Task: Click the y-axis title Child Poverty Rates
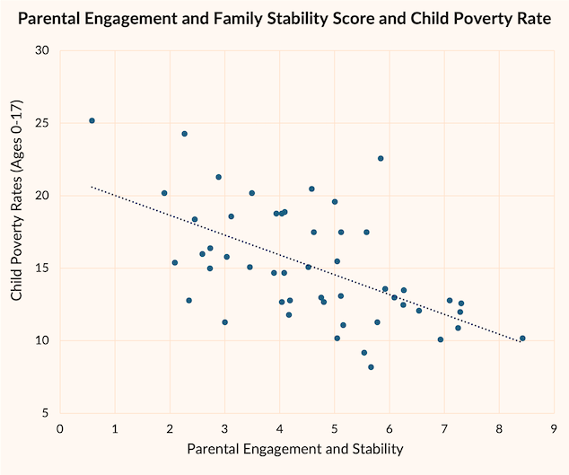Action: (17, 231)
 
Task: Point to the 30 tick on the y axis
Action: (42, 50)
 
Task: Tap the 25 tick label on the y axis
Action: (42, 123)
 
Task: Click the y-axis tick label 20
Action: (42, 196)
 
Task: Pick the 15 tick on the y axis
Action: (42, 268)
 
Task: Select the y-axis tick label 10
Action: (42, 341)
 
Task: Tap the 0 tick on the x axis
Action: (60, 427)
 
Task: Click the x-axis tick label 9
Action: (555, 427)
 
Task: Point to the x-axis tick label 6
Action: (390, 427)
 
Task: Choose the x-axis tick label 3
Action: (225, 427)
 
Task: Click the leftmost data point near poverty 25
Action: (92, 120)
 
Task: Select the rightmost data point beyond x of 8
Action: (522, 339)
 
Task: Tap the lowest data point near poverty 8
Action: (371, 367)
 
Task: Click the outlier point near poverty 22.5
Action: (381, 158)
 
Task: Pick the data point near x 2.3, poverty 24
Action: (185, 134)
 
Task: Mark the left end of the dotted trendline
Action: (92, 187)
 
